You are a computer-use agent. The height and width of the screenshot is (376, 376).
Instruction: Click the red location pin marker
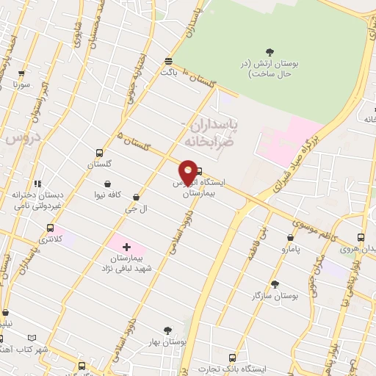pos(188,173)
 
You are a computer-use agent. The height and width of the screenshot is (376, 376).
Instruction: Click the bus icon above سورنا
pos(21,74)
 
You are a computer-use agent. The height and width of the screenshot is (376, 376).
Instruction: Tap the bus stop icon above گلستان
pos(99,153)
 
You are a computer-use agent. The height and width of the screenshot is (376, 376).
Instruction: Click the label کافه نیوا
pos(107,195)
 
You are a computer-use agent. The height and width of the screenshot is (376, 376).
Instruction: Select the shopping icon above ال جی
pos(138,197)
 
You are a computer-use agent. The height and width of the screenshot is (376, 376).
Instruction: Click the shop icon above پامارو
pos(291,238)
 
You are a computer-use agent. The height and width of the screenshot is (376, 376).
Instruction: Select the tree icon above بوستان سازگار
pos(275,284)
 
